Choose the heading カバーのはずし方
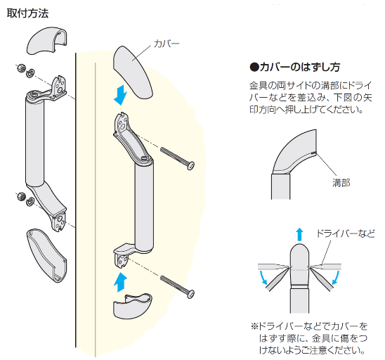pyautogui.click(x=295, y=67)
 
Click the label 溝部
pyautogui.click(x=341, y=181)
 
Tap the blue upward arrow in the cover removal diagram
pyautogui.click(x=298, y=235)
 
